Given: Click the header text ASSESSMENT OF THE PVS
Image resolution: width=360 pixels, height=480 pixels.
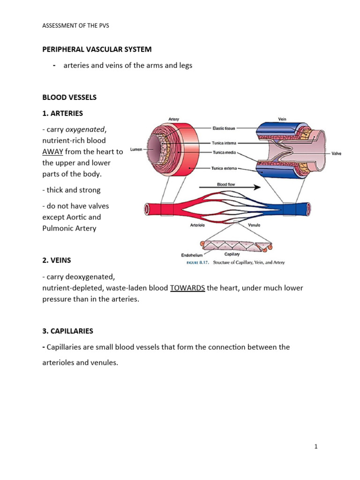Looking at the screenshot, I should tap(75, 25).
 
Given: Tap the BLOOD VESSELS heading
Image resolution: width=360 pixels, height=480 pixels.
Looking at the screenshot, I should tap(69, 97).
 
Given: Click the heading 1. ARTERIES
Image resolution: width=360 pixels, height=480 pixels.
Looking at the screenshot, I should tap(63, 113).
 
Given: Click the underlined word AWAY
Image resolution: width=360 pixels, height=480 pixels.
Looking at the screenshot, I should tap(52, 151).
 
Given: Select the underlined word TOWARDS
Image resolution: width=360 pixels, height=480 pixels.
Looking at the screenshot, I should tap(187, 288).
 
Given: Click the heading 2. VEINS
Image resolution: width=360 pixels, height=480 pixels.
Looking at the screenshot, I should tap(57, 260).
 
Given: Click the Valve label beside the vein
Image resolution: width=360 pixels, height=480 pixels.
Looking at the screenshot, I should tap(337, 153).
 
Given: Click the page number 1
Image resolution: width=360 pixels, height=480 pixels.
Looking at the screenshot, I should tap(316, 447).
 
